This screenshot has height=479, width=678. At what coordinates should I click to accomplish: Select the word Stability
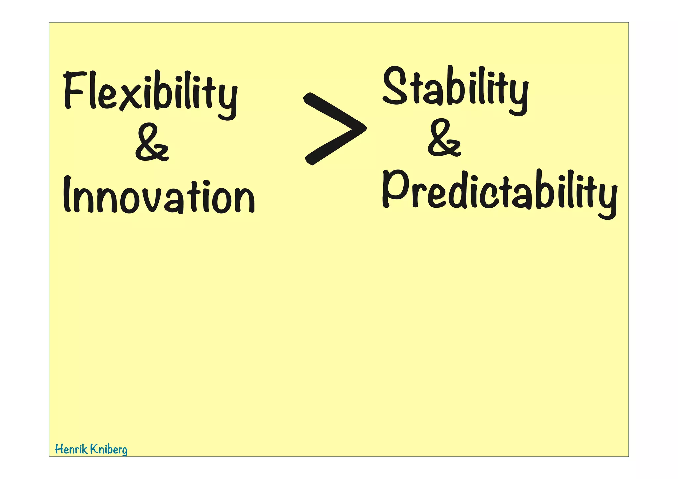(x=455, y=88)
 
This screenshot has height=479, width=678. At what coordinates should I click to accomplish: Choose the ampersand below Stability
(x=444, y=138)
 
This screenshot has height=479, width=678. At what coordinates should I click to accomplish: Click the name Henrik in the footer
(x=71, y=449)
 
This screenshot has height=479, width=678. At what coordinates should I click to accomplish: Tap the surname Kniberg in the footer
(x=109, y=450)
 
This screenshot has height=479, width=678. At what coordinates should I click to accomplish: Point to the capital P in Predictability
(x=394, y=189)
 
